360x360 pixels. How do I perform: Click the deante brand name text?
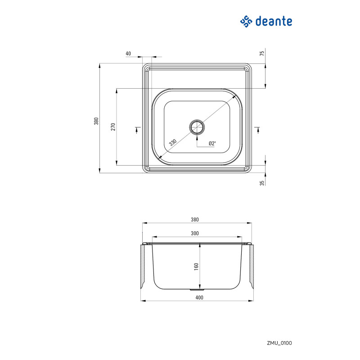coord(274,21)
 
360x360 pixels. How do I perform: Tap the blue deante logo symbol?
coord(246,21)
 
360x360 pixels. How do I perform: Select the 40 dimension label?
coord(128,54)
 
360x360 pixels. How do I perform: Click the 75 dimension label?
coord(262,53)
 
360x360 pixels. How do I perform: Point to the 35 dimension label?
coord(262,183)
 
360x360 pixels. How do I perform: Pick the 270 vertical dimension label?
coord(113,127)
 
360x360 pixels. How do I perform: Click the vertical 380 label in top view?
coord(96,121)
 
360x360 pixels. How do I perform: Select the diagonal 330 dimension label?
coord(173,143)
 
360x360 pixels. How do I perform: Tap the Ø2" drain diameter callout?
coord(212,144)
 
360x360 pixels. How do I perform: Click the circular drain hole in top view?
coord(197,127)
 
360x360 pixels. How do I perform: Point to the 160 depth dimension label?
coord(196,266)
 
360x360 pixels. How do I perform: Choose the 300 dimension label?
coord(195,233)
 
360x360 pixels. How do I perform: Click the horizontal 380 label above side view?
coord(195,220)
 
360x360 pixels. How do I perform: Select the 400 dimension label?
coord(199,297)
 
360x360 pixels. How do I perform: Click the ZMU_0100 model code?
coord(279,343)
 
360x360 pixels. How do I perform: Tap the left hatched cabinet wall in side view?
coord(143,267)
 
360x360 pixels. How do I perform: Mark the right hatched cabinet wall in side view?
coord(252,267)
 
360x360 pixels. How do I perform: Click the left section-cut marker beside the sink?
coord(137,130)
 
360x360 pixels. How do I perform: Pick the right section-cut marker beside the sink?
coord(257,130)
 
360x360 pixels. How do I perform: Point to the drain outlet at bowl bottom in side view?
coord(195,290)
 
